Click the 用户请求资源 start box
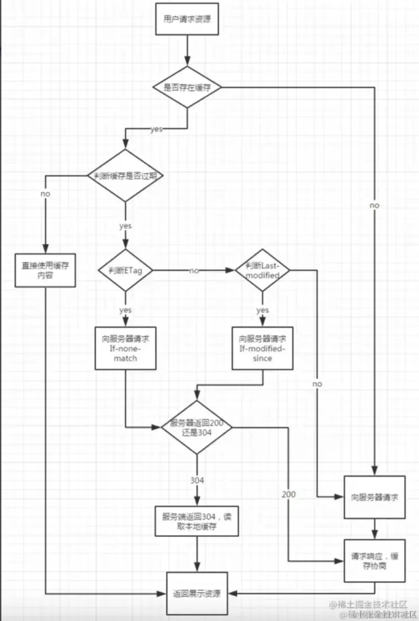pos(187,19)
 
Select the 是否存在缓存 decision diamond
pos(187,87)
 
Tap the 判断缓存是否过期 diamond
pos(125,176)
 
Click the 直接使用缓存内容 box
pos(45,270)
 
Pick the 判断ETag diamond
pos(125,271)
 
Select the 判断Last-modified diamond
pos(262,271)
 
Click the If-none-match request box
pos(125,348)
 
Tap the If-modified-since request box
pos(262,348)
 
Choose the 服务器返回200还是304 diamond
pos(197,428)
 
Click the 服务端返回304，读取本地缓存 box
pos(197,521)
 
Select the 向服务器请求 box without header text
pos(374,497)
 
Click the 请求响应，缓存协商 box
pos(374,561)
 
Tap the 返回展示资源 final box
pos(197,593)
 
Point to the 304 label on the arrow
pos(197,480)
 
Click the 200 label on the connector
pos(289,494)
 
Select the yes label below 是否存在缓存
pos(156,129)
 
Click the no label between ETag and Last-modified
pos(194,271)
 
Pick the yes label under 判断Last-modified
pos(262,310)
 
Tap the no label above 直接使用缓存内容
pos(45,194)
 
